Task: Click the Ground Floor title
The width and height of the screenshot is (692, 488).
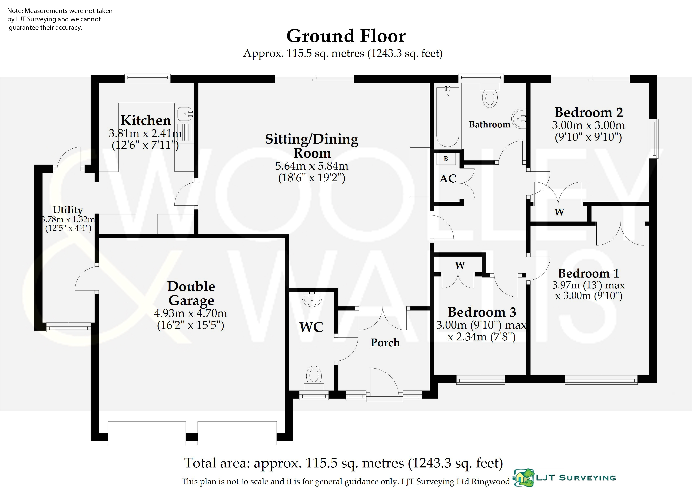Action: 346,36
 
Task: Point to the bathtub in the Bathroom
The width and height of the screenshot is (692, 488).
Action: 448,117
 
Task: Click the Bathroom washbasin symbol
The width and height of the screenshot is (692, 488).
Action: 519,118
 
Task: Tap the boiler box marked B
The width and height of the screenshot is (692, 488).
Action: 446,159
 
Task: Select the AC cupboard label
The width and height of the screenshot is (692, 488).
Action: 448,179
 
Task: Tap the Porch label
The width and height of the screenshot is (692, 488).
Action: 385,343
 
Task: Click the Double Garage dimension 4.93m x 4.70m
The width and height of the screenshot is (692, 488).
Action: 190,313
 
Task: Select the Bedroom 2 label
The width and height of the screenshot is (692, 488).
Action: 589,112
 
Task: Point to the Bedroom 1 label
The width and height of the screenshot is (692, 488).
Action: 589,273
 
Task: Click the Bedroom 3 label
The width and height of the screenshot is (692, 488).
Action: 482,312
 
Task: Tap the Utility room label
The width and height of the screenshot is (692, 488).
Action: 68,210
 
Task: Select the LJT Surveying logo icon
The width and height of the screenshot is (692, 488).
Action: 524,478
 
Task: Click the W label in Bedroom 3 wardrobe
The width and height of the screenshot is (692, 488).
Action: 460,265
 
